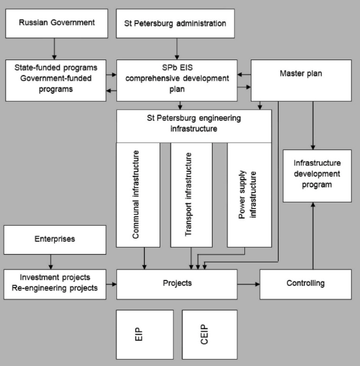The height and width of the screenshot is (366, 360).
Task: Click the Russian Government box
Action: (x=57, y=23)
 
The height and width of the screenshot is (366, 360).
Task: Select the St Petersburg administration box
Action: (x=175, y=23)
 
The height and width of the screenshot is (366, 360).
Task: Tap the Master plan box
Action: (x=301, y=81)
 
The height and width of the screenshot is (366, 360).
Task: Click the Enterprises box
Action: (x=55, y=240)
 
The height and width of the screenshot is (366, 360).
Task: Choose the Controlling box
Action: (x=306, y=285)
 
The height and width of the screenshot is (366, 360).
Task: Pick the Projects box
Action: (x=177, y=285)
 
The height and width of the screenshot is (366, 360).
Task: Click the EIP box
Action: (x=145, y=334)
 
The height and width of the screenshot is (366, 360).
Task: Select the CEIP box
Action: (x=209, y=334)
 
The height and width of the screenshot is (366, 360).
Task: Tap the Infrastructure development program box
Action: (x=317, y=176)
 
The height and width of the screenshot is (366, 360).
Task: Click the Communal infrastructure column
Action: (x=138, y=195)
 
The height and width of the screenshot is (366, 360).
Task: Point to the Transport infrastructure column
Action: (x=191, y=195)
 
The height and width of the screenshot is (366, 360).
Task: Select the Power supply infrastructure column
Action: (x=249, y=195)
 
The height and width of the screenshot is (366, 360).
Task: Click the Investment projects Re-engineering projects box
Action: (x=55, y=285)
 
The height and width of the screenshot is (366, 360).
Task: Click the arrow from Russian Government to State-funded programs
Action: (x=54, y=48)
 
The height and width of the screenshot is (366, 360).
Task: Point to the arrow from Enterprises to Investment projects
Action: (x=50, y=262)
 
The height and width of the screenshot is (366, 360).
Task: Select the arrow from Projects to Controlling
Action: (x=248, y=284)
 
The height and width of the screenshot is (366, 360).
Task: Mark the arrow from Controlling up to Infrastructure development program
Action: (x=313, y=236)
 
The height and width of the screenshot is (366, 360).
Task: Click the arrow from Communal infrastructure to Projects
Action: (x=144, y=259)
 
